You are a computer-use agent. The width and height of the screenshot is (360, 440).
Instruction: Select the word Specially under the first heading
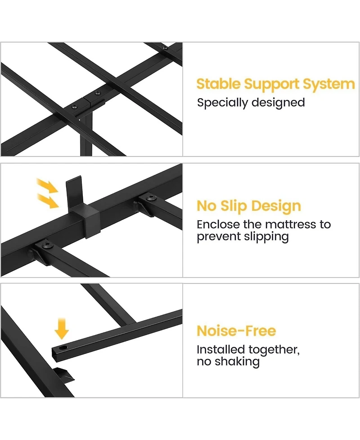click(222, 103)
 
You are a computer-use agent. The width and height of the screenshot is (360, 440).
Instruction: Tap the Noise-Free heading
click(236, 331)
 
